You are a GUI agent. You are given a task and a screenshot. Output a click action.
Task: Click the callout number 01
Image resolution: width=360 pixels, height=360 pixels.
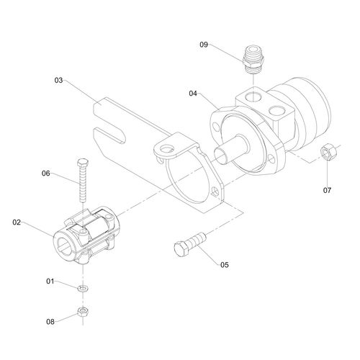(x=50, y=280)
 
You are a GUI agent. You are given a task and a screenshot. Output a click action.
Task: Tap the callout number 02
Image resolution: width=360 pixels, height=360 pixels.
(x=17, y=223)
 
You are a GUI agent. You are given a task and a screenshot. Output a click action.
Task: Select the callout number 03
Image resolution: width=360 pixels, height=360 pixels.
(x=60, y=81)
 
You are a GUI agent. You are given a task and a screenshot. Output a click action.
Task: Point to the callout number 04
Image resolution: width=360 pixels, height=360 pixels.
(x=194, y=94)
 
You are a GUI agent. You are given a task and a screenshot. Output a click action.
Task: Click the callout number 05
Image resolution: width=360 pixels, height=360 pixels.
(x=224, y=265)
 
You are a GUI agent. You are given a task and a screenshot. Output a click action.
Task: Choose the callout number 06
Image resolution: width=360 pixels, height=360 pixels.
(x=45, y=174)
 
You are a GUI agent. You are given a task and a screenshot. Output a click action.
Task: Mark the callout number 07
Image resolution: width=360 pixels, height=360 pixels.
(x=327, y=191)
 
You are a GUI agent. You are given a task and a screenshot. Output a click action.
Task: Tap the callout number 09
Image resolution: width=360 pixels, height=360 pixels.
(x=204, y=45)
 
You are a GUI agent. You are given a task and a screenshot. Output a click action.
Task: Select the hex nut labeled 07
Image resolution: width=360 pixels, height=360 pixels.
(x=326, y=153)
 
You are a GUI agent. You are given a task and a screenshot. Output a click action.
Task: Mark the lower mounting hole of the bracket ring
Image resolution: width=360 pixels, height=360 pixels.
(x=214, y=193)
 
